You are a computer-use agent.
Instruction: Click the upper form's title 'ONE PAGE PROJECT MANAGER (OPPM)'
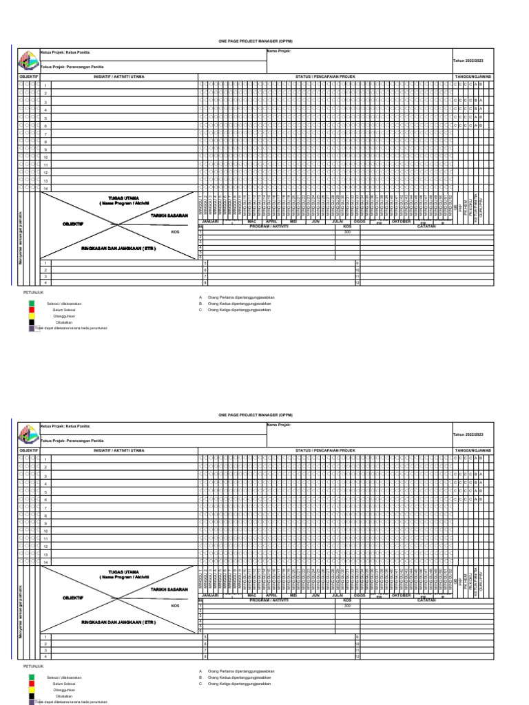(x=264, y=41)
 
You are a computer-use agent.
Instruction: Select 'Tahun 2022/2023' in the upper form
(x=468, y=61)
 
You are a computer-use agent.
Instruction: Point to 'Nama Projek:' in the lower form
(x=278, y=425)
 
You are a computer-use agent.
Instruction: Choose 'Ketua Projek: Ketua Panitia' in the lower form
(x=65, y=426)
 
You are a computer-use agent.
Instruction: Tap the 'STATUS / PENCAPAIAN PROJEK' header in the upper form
(x=325, y=76)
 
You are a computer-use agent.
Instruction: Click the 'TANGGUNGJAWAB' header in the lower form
(x=473, y=450)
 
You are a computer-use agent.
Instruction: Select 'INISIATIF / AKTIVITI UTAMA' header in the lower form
(x=118, y=450)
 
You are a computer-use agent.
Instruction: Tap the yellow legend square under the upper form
(x=31, y=316)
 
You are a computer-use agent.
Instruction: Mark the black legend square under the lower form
(x=31, y=697)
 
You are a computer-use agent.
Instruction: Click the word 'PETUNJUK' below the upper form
(x=34, y=292)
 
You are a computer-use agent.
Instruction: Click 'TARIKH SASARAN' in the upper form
(x=169, y=215)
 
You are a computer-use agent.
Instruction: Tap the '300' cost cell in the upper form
(x=347, y=232)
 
